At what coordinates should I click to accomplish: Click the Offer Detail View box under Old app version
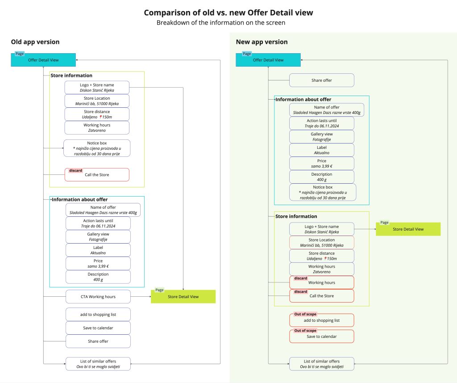[x=43, y=60]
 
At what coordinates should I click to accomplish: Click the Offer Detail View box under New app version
[x=268, y=60]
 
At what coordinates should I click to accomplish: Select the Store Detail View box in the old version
[x=183, y=297]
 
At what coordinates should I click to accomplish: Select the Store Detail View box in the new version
[x=408, y=229]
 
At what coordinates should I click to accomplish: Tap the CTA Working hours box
[x=98, y=297]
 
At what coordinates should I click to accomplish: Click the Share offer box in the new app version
[x=321, y=80]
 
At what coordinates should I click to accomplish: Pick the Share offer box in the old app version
[x=98, y=341]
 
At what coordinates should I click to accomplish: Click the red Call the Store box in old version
[x=97, y=175]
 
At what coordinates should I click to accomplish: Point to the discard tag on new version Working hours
[x=301, y=278]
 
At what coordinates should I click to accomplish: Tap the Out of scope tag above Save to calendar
[x=305, y=331]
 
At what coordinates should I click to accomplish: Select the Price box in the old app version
[x=98, y=263]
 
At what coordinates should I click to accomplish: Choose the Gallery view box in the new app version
[x=321, y=137]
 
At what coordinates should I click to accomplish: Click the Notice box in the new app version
[x=322, y=192]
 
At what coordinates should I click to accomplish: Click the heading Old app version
[x=35, y=42]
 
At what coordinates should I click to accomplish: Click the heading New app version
[x=262, y=42]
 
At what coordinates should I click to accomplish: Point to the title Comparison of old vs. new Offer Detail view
[x=228, y=13]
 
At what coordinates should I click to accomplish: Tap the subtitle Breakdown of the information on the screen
[x=221, y=23]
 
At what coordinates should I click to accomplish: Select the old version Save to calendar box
[x=98, y=328]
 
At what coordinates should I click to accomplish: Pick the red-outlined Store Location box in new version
[x=321, y=243]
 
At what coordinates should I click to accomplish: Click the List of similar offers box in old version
[x=98, y=364]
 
